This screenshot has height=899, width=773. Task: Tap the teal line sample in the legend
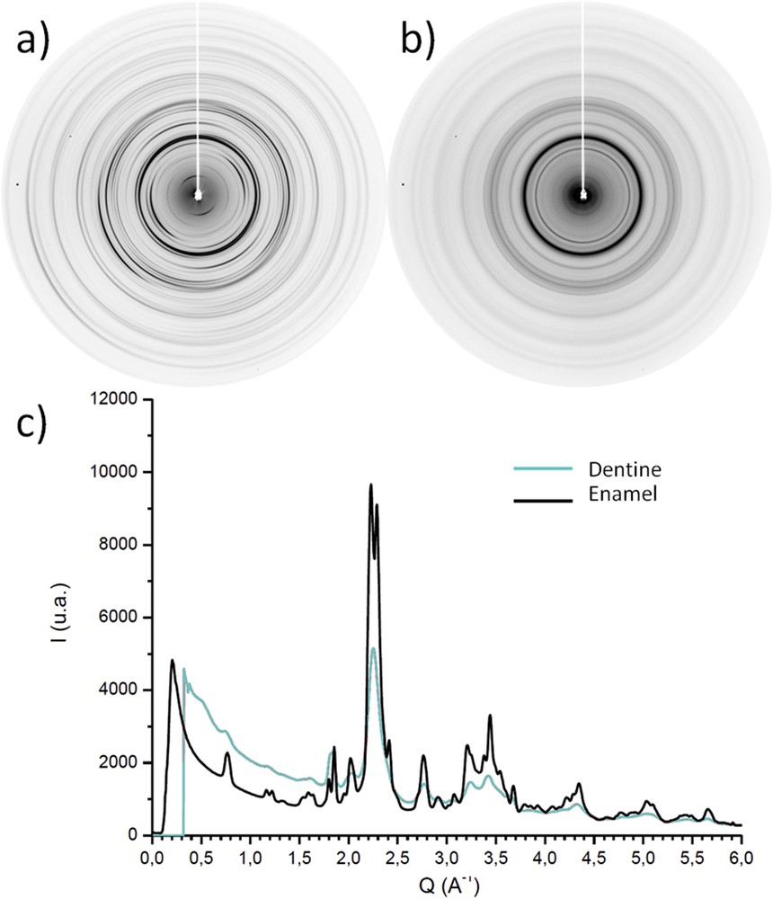point(543,468)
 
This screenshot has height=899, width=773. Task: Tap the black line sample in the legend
point(543,492)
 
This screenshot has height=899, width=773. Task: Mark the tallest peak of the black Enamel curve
point(370,485)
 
